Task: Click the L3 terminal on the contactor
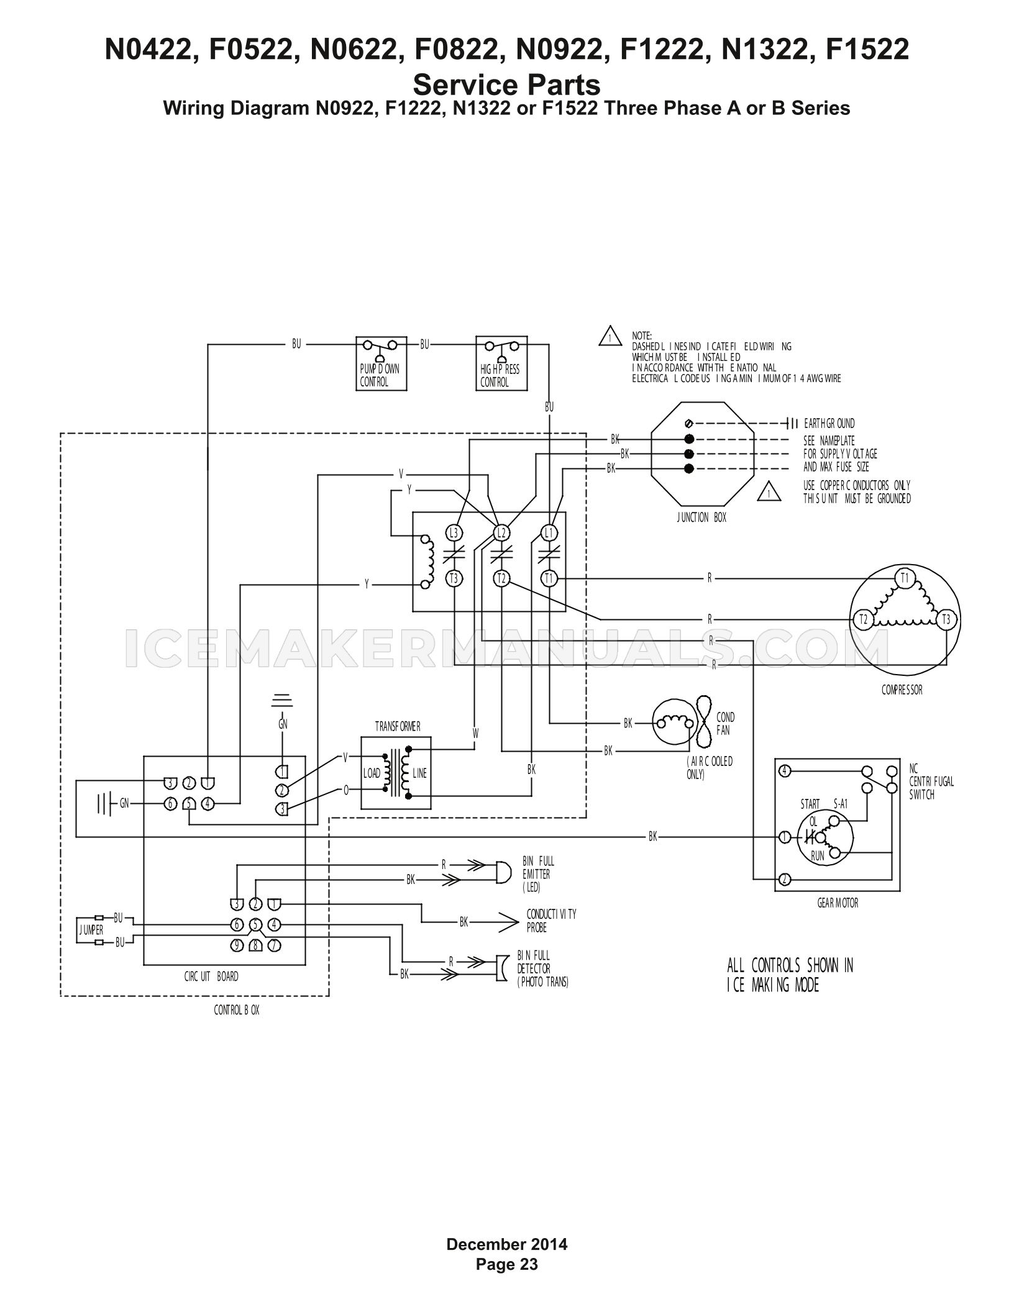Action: click(454, 532)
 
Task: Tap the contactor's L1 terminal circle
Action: click(549, 532)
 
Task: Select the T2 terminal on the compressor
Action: click(862, 619)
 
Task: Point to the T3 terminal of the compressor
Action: click(946, 619)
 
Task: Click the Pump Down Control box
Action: click(381, 363)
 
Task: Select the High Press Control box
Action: click(501, 363)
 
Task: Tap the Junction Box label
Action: click(701, 517)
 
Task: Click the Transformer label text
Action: click(398, 726)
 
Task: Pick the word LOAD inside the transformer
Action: click(372, 773)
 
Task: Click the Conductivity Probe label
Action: click(552, 921)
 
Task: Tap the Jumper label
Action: click(91, 931)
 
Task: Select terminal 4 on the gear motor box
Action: click(785, 771)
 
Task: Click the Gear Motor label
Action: click(838, 903)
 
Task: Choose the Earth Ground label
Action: click(829, 424)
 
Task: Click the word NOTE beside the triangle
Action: click(642, 336)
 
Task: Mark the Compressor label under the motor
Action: click(902, 690)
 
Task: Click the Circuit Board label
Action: click(211, 977)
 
